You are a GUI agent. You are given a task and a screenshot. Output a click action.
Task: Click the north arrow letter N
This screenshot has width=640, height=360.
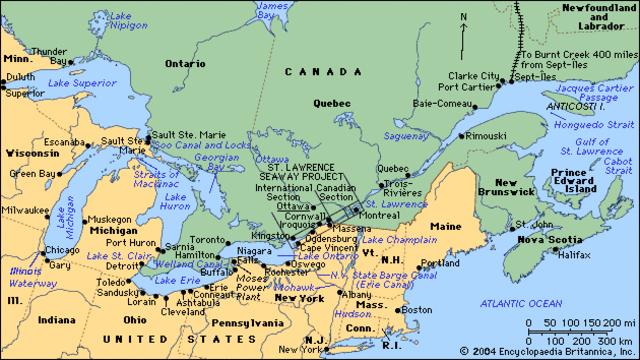point(463,17)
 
